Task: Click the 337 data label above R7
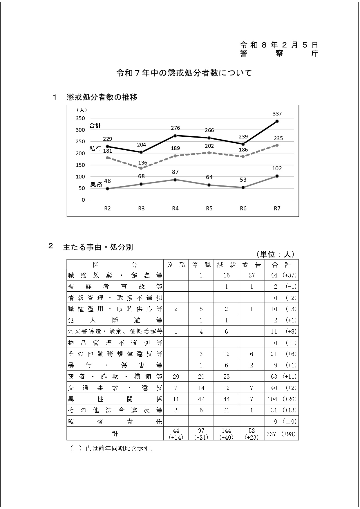pyautogui.click(x=277, y=114)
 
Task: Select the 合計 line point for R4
pyautogui.click(x=175, y=136)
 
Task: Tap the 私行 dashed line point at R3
pyautogui.click(x=141, y=168)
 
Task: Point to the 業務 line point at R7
pyautogui.click(x=277, y=176)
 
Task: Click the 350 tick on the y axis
pyautogui.click(x=80, y=118)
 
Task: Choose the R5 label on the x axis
pyautogui.click(x=209, y=208)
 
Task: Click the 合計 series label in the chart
pyautogui.click(x=95, y=126)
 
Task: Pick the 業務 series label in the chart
pyautogui.click(x=96, y=184)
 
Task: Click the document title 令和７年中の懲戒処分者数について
pyautogui.click(x=184, y=73)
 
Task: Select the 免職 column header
pyautogui.click(x=176, y=265)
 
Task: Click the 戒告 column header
pyautogui.click(x=252, y=265)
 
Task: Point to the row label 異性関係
pyautogui.click(x=115, y=399)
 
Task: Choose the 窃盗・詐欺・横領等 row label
pyautogui.click(x=115, y=376)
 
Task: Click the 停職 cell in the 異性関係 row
pyautogui.click(x=201, y=399)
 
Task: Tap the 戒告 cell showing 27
pyautogui.click(x=252, y=275)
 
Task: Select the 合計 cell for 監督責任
pyautogui.click(x=281, y=421)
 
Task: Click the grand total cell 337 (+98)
pyautogui.click(x=281, y=434)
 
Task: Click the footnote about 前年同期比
pyautogui.click(x=112, y=449)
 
